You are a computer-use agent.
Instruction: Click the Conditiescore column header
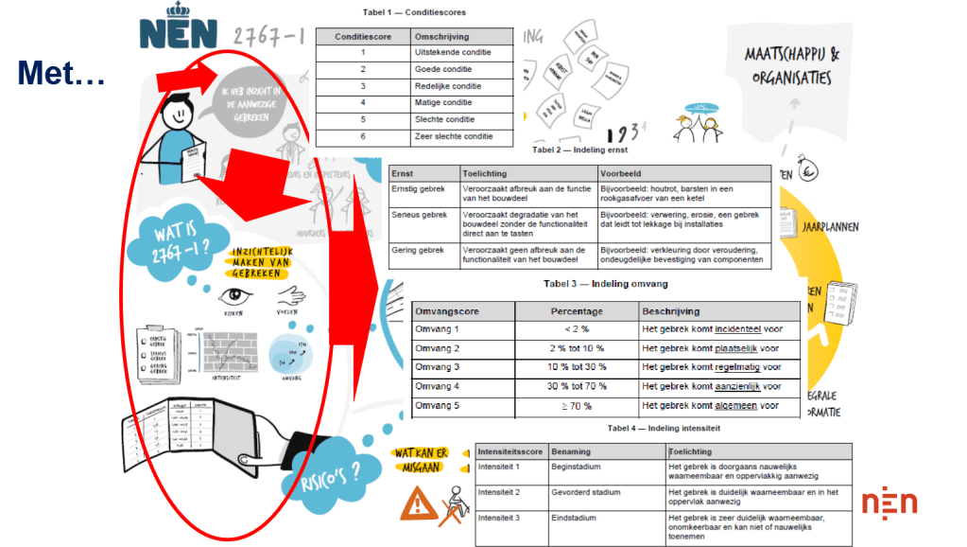(362, 36)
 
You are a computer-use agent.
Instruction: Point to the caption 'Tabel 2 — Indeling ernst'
(579, 150)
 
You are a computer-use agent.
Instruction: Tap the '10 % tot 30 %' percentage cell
(577, 367)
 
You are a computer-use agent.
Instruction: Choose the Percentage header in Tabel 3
(577, 310)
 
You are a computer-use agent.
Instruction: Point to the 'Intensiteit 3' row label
(500, 518)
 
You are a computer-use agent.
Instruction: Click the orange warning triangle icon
(414, 503)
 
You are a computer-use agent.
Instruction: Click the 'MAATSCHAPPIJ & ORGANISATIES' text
(803, 64)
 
